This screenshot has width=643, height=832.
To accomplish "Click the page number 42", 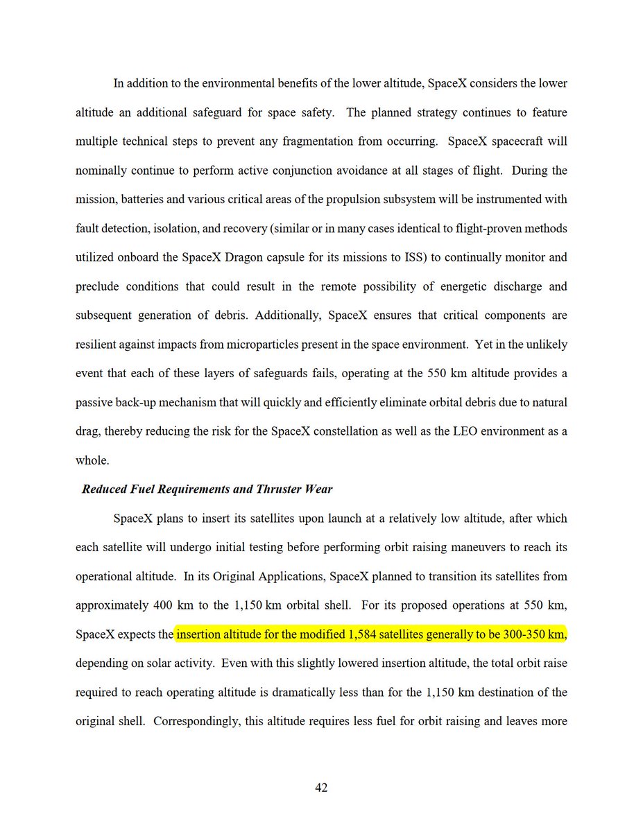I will (321, 788).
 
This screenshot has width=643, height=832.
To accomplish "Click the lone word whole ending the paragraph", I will (91, 460).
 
